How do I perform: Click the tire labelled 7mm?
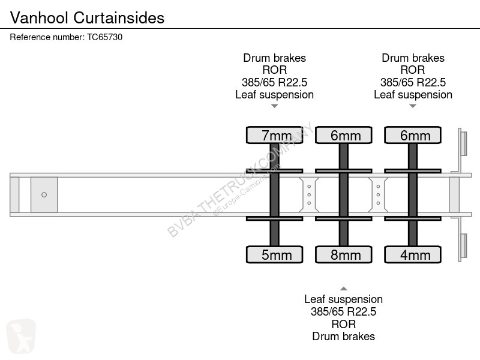pyautogui.click(x=275, y=135)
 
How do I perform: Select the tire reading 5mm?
pyautogui.click(x=275, y=254)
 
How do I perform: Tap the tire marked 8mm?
pyautogui.click(x=344, y=254)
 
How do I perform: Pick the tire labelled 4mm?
pyautogui.click(x=413, y=254)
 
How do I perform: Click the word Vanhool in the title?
pyautogui.click(x=39, y=18)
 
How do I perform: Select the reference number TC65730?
pyautogui.click(x=104, y=37)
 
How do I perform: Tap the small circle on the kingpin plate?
pyautogui.click(x=44, y=194)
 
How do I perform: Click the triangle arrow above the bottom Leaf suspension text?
pyautogui.click(x=344, y=289)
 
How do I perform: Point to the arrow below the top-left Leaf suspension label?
pyautogui.click(x=275, y=106)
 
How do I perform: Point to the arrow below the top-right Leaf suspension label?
pyautogui.click(x=413, y=106)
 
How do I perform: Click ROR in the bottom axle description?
pyautogui.click(x=343, y=324)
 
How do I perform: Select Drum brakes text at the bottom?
pyautogui.click(x=343, y=336)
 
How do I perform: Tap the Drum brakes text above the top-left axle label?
pyautogui.click(x=275, y=58)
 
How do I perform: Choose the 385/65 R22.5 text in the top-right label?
pyautogui.click(x=413, y=82)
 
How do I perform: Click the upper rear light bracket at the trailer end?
pyautogui.click(x=463, y=144)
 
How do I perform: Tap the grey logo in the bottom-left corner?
pyautogui.click(x=21, y=336)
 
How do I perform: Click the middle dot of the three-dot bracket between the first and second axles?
pyautogui.click(x=309, y=194)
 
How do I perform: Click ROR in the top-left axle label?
pyautogui.click(x=275, y=70)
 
